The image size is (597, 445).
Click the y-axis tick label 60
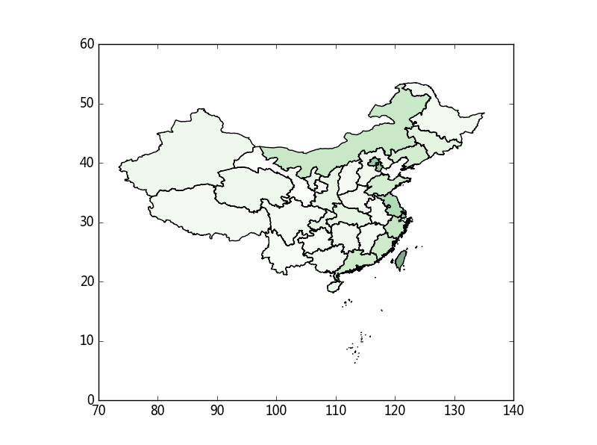[x=87, y=44]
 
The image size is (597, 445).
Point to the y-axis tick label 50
[x=87, y=104]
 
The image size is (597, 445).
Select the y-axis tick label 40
[x=87, y=163]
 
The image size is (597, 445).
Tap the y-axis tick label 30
[x=87, y=222]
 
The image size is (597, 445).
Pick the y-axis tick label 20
[x=87, y=281]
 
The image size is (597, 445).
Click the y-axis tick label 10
[x=87, y=341]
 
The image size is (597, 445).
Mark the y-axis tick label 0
[x=90, y=400]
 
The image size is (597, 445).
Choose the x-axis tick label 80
[x=157, y=411]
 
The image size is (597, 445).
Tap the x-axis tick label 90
[x=217, y=411]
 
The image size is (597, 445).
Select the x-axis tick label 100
[x=276, y=411]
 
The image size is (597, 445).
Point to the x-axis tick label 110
[x=336, y=411]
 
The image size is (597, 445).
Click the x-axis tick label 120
[x=395, y=411]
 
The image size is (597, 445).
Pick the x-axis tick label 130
[x=454, y=411]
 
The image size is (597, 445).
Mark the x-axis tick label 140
[x=513, y=411]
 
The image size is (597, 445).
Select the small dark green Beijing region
[x=374, y=161]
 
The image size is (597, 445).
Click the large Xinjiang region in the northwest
[x=187, y=153]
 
